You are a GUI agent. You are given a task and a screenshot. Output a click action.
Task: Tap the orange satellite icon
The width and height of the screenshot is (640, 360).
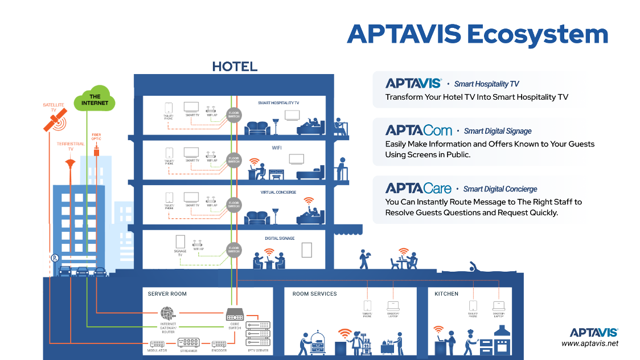(55, 120)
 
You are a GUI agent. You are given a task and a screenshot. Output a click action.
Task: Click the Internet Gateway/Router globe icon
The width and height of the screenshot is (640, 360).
(167, 313)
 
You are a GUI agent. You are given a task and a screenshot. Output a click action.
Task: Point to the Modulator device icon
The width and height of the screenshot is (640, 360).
(157, 343)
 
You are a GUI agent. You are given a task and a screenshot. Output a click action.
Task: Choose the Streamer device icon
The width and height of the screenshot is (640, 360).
(188, 342)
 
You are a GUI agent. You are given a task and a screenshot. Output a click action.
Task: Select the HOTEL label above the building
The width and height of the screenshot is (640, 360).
(235, 67)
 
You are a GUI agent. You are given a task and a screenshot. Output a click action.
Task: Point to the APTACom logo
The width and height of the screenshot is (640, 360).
(419, 130)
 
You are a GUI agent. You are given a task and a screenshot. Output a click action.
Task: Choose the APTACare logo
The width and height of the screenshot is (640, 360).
(419, 189)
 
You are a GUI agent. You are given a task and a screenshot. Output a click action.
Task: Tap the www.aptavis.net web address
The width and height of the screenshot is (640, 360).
(589, 343)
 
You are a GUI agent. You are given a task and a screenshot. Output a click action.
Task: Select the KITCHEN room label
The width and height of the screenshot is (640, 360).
(446, 294)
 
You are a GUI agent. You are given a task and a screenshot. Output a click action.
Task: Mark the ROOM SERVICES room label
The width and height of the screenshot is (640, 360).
(314, 294)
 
